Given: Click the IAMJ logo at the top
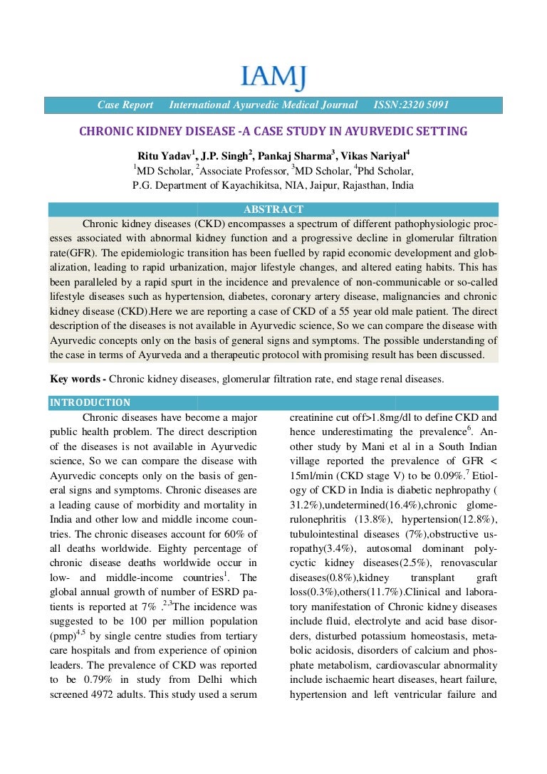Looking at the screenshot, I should pyautogui.click(x=273, y=76).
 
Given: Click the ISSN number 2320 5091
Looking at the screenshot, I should pyautogui.click(x=411, y=105).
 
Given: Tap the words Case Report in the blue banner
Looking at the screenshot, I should pyautogui.click(x=125, y=105).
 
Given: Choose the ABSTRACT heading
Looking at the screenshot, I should pyautogui.click(x=273, y=209).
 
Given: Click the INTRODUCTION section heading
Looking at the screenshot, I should pyautogui.click(x=90, y=402).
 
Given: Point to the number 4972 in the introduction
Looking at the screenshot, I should pyautogui.click(x=113, y=694).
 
